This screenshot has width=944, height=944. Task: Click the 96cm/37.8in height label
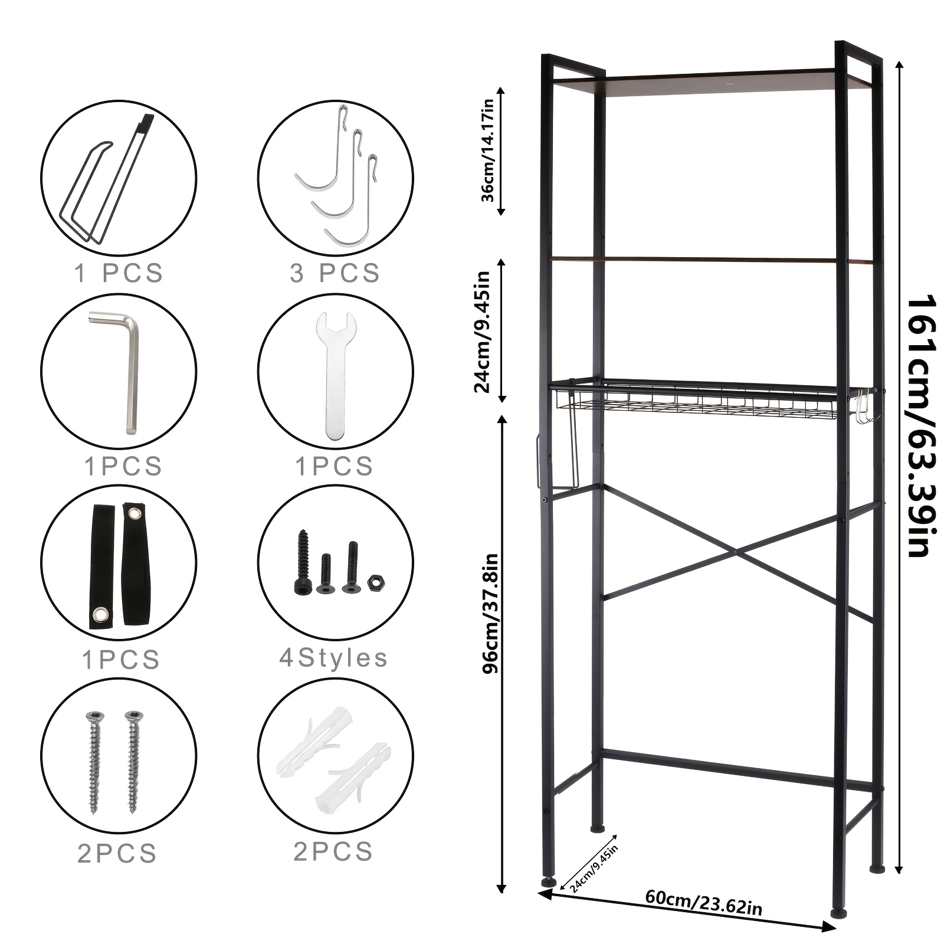click(x=490, y=614)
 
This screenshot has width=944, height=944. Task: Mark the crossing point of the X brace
click(x=736, y=552)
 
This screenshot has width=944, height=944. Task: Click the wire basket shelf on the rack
click(x=696, y=401)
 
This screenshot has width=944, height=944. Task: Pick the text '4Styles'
click(x=333, y=658)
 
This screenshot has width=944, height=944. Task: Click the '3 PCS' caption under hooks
click(x=335, y=273)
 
